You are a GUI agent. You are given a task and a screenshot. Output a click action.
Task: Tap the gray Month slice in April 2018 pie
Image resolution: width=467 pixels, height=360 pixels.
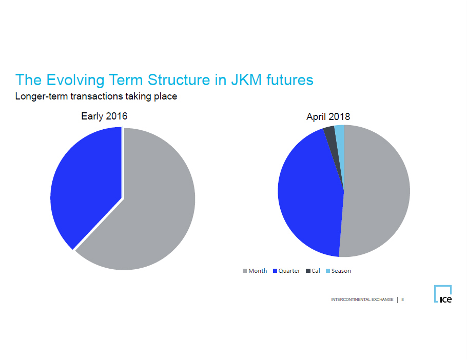click(377, 191)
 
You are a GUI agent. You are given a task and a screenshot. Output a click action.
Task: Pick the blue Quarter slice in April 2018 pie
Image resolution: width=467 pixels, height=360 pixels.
click(310, 193)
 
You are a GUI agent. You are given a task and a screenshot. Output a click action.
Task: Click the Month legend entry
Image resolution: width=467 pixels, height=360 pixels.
click(255, 271)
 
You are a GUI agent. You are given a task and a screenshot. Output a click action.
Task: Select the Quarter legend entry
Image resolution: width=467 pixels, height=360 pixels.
click(286, 271)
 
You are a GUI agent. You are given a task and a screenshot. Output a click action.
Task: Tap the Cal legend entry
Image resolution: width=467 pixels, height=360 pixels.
click(313, 271)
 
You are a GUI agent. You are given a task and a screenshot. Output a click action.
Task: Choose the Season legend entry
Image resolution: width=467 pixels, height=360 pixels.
click(338, 271)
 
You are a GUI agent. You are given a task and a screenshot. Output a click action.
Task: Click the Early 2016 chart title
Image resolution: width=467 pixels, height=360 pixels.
click(104, 116)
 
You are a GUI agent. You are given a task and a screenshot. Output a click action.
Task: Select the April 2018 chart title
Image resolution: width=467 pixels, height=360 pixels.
click(328, 116)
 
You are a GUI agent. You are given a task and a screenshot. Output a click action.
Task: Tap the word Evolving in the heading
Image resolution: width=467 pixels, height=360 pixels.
click(75, 80)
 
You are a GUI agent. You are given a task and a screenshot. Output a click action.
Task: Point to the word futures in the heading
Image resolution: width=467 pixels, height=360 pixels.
click(290, 80)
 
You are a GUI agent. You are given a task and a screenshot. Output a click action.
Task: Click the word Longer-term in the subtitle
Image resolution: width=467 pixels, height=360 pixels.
click(42, 96)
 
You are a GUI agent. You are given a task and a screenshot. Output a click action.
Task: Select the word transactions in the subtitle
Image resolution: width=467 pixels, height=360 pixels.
click(96, 96)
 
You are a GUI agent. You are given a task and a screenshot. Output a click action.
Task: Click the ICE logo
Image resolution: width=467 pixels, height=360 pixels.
click(443, 294)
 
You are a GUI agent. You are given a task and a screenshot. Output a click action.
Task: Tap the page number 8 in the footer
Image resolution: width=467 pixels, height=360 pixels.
click(403, 299)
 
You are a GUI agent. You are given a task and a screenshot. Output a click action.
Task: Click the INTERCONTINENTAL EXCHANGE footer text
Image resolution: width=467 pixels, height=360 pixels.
click(362, 299)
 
